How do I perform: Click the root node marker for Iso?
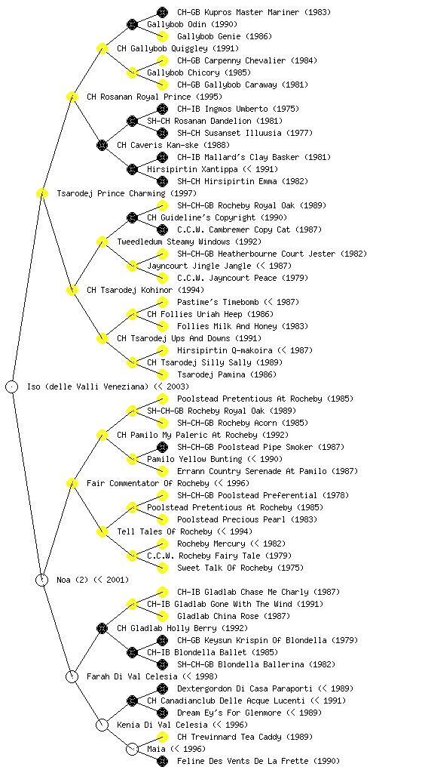pos(12,386)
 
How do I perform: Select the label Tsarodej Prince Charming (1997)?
pos(127,193)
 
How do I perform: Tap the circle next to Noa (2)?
pos(42,580)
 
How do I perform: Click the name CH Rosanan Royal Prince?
pos(139,97)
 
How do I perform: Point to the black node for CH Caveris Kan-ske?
pos(102,145)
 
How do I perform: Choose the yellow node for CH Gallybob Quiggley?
pos(102,48)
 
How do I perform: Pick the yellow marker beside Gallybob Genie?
pos(162,36)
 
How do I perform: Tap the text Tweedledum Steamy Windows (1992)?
pos(189,242)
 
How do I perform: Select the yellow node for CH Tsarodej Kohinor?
pos(72,290)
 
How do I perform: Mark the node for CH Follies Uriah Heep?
pos(132,314)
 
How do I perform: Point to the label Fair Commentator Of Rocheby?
pos(148,483)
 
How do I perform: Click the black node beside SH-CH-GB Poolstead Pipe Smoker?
pos(162,447)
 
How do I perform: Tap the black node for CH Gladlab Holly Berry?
pos(102,628)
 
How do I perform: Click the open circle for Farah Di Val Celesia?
pos(72,676)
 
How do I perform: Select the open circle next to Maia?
pos(132,749)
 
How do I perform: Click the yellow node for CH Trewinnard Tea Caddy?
pos(162,737)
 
